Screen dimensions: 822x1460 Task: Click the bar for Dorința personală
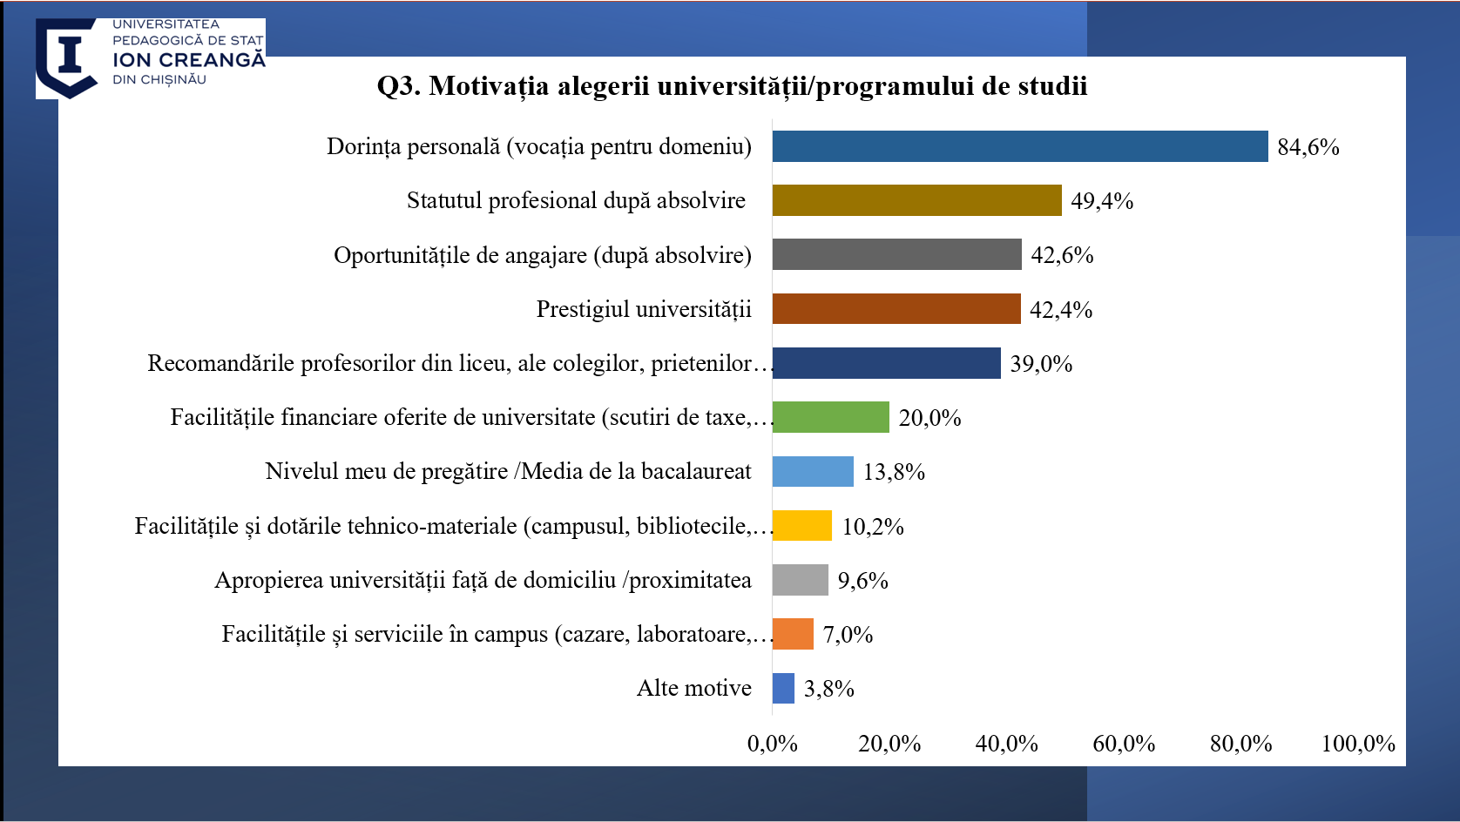pyautogui.click(x=1019, y=146)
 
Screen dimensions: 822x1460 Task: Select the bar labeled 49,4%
pyautogui.click(x=916, y=200)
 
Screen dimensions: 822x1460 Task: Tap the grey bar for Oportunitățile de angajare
pyautogui.click(x=896, y=254)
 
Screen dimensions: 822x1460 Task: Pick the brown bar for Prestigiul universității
pyautogui.click(x=896, y=309)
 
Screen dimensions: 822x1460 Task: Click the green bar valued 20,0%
pyautogui.click(x=830, y=417)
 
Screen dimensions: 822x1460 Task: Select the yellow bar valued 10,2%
pyautogui.click(x=801, y=526)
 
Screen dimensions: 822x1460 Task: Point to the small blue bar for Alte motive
pyautogui.click(x=783, y=688)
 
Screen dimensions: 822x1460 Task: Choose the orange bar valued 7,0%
pyautogui.click(x=793, y=634)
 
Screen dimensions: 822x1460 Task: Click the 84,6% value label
pyautogui.click(x=1308, y=147)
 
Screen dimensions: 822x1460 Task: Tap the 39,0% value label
pyautogui.click(x=1041, y=364)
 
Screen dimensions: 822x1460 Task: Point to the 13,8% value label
pyautogui.click(x=894, y=472)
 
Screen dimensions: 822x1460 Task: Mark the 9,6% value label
pyautogui.click(x=862, y=581)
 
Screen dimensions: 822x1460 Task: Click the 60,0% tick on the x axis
pyautogui.click(x=1124, y=744)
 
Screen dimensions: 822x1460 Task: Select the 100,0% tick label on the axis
pyautogui.click(x=1357, y=744)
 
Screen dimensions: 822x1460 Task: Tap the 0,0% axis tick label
pyautogui.click(x=772, y=744)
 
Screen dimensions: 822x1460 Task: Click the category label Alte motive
pyautogui.click(x=693, y=688)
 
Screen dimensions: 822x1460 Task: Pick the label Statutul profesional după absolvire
pyautogui.click(x=576, y=200)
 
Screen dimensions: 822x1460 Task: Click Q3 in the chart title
pyautogui.click(x=398, y=86)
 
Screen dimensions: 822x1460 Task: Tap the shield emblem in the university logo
pyautogui.click(x=67, y=57)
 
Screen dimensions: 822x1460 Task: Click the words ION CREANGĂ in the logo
pyautogui.click(x=188, y=60)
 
